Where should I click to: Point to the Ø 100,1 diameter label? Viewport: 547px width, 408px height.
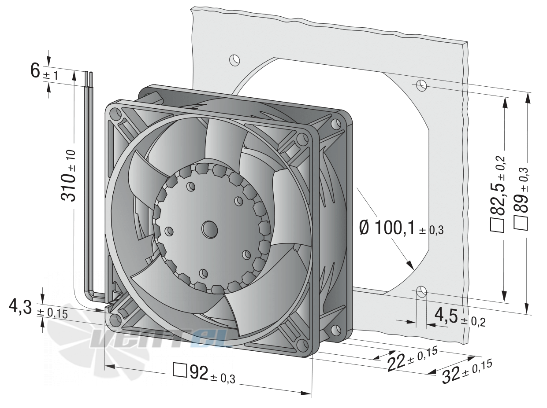pos(402,228)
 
